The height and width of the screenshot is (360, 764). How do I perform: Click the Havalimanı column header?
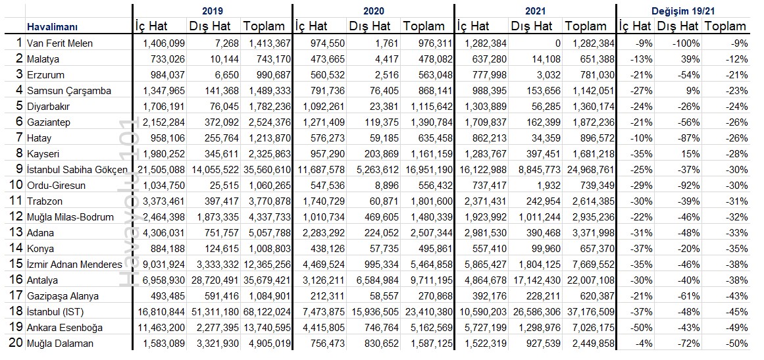(52, 27)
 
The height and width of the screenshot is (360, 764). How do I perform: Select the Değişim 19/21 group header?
(683, 11)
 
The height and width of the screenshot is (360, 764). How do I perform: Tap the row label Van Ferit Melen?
(60, 43)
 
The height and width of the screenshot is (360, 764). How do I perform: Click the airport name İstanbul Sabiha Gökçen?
(78, 170)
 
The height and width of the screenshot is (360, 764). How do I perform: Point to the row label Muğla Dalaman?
(60, 344)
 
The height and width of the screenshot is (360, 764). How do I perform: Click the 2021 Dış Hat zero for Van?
(558, 43)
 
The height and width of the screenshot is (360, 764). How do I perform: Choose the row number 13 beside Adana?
(16, 232)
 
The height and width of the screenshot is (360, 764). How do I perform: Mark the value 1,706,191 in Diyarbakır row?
(165, 106)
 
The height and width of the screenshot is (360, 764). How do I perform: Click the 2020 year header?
(373, 11)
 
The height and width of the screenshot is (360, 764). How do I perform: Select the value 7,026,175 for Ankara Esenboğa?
(591, 327)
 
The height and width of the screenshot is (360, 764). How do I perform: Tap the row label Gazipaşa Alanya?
(63, 296)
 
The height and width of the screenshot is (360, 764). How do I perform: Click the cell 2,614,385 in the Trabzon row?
(591, 201)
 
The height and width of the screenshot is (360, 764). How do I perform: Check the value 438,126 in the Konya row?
(328, 248)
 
